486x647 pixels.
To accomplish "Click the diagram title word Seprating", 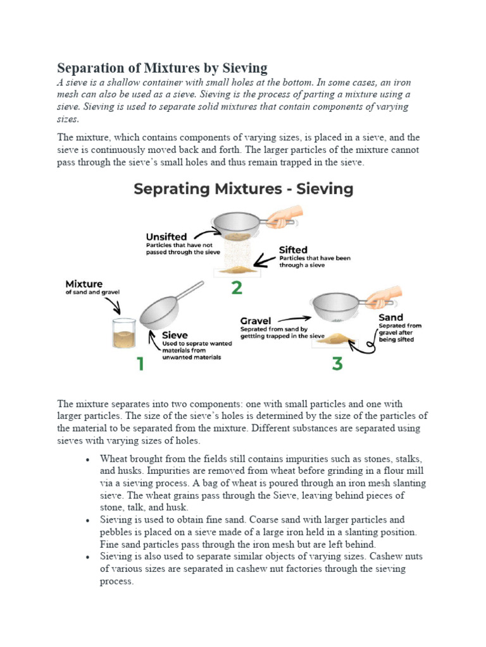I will click(x=170, y=189).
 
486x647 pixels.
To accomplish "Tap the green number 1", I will click(x=138, y=364).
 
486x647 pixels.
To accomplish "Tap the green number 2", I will click(x=236, y=287).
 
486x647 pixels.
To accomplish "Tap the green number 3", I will click(x=337, y=364).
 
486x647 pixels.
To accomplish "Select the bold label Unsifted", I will click(x=166, y=237).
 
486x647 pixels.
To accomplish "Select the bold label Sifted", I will click(x=293, y=250).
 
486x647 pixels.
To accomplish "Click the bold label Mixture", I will click(x=84, y=284).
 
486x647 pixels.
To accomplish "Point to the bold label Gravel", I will click(x=255, y=320).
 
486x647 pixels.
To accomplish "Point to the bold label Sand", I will click(x=390, y=317).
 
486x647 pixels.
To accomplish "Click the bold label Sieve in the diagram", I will click(x=175, y=335).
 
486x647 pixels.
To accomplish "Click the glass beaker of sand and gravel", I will click(x=124, y=334).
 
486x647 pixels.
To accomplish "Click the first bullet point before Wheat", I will click(x=87, y=459).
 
